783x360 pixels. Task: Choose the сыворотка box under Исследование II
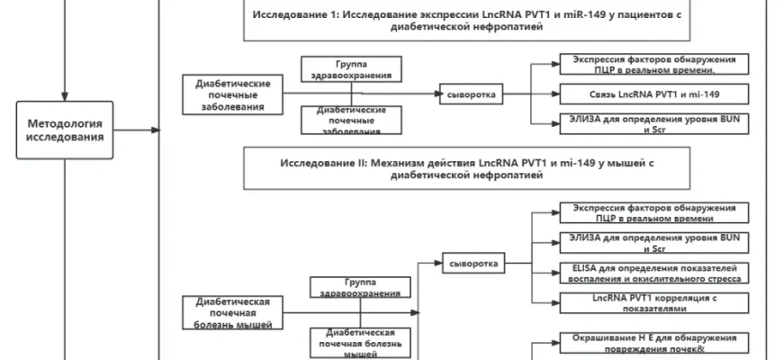click(x=472, y=263)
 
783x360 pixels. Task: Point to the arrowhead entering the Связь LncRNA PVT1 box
click(x=556, y=94)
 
